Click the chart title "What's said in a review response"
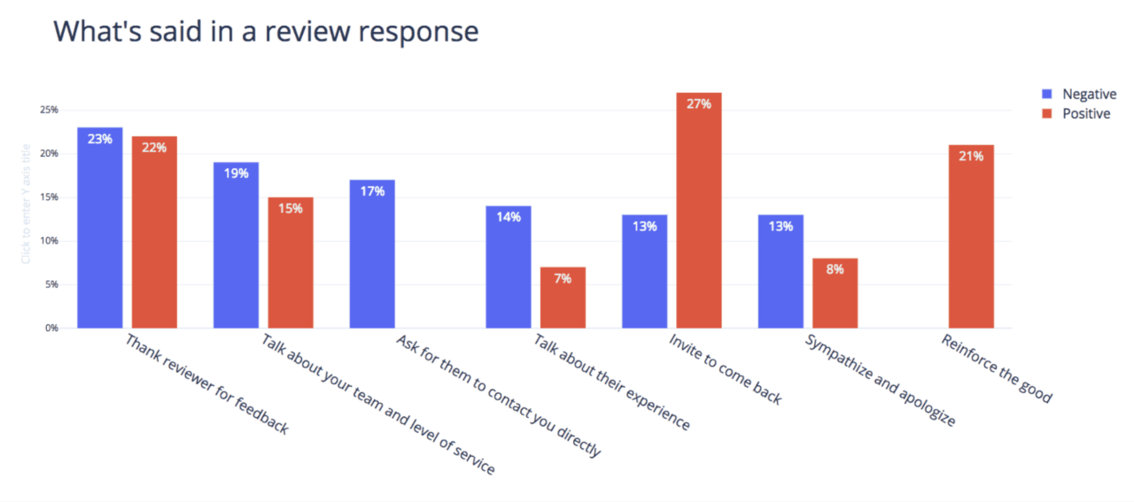tap(266, 31)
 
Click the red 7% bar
tap(563, 297)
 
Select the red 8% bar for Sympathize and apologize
tap(835, 293)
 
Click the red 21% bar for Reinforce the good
tap(971, 236)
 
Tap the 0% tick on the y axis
tap(50, 328)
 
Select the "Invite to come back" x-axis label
tap(726, 369)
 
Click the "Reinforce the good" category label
tap(997, 368)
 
